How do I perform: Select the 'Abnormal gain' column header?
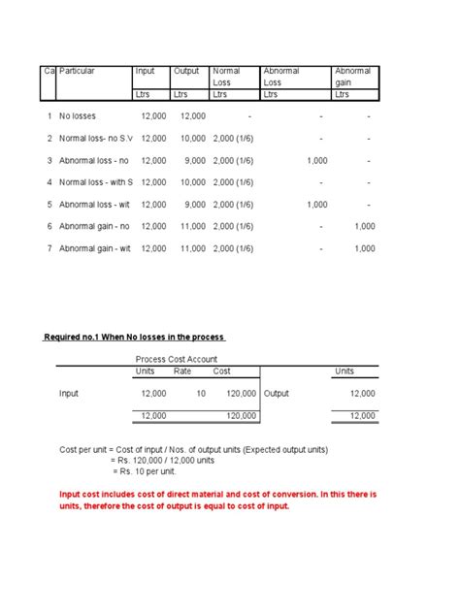[x=352, y=77]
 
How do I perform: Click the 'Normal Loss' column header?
[x=227, y=77]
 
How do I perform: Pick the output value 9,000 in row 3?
[x=192, y=161]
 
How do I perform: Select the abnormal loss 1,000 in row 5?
[x=316, y=205]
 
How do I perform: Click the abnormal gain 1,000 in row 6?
[x=364, y=226]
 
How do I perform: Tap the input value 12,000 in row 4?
[x=152, y=182]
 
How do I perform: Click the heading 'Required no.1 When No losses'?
[x=135, y=337]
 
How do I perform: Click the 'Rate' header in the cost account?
[x=181, y=371]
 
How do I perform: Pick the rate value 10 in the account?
[x=201, y=394]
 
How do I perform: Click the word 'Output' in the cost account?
[x=277, y=394]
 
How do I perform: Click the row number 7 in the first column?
[x=48, y=248]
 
